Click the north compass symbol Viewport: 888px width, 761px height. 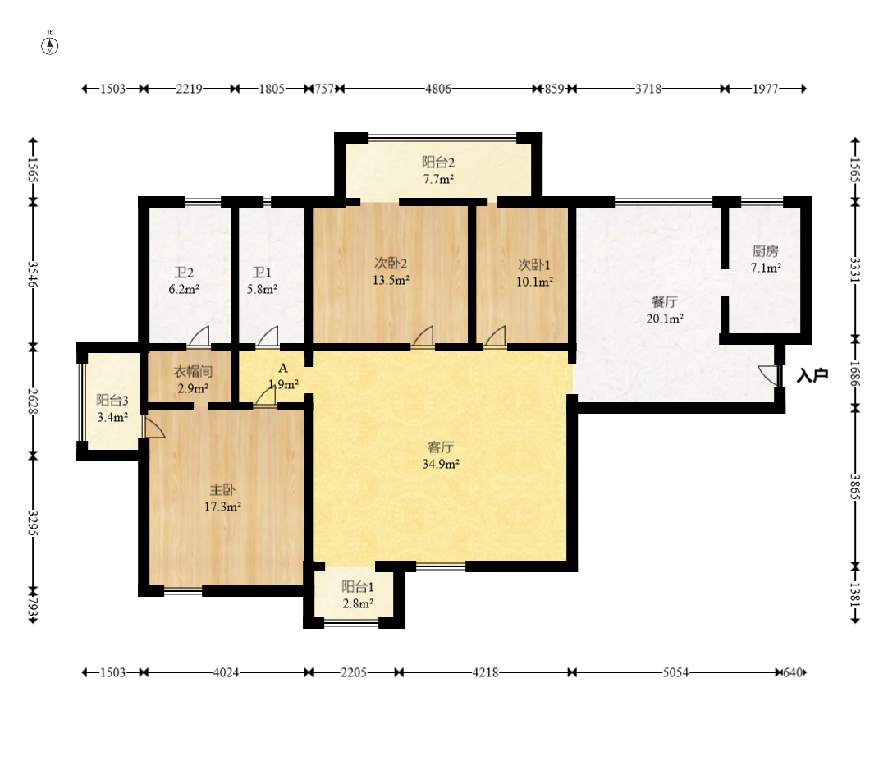[x=50, y=44]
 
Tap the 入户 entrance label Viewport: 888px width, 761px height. [x=812, y=375]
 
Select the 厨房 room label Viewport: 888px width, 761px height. [x=766, y=251]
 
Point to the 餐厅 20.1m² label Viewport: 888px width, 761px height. [x=665, y=310]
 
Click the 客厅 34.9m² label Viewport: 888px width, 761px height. [x=441, y=456]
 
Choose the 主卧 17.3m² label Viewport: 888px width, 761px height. [x=222, y=498]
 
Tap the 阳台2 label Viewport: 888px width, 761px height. [x=438, y=163]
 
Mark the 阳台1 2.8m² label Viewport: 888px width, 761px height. [x=358, y=595]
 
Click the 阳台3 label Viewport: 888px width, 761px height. [x=112, y=401]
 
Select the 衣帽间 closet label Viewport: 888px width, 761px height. [x=193, y=372]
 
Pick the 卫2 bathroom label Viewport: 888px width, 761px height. [x=184, y=273]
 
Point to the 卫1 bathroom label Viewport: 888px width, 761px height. [x=262, y=273]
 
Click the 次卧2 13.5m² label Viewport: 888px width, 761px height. [x=391, y=272]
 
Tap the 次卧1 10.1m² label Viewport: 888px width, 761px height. [x=534, y=273]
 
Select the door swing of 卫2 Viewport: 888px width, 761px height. [x=199, y=336]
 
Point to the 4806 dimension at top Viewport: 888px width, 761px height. [x=438, y=89]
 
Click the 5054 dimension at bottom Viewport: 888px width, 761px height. [x=675, y=672]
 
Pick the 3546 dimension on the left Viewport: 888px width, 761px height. [x=33, y=273]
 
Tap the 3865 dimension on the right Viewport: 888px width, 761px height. [x=855, y=488]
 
